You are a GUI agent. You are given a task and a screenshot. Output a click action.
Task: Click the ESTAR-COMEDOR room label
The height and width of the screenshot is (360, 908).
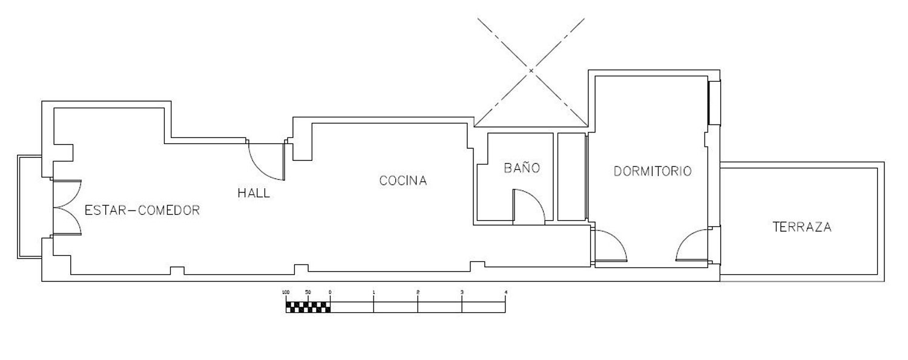click(142, 210)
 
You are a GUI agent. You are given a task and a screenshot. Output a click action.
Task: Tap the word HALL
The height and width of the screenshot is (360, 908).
click(254, 193)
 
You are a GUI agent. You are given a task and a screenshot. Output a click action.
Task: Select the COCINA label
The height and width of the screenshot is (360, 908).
click(403, 181)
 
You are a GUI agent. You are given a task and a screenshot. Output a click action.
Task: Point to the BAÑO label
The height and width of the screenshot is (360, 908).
click(522, 167)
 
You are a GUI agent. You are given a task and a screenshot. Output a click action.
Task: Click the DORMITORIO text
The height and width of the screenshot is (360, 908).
click(653, 171)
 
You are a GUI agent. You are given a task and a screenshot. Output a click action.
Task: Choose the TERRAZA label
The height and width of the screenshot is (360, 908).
click(802, 227)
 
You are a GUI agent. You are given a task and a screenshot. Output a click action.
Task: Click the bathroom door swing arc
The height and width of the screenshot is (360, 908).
click(536, 198)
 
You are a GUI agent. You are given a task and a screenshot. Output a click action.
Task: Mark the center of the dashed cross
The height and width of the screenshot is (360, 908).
click(531, 70)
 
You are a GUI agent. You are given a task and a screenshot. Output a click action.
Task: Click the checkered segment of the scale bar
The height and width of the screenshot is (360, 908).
click(308, 307)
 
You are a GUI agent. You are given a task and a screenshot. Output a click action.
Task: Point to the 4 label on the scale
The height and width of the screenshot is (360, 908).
click(505, 292)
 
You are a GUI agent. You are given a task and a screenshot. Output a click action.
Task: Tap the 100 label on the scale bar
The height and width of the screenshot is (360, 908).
click(286, 292)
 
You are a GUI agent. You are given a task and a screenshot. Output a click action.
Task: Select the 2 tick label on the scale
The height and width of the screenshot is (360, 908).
click(418, 292)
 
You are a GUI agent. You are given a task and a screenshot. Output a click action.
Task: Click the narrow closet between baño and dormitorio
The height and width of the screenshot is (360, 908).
click(571, 177)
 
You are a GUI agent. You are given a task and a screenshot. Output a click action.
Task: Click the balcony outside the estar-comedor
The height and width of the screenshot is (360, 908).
click(30, 207)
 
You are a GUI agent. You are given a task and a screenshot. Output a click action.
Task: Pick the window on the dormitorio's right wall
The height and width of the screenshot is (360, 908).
click(714, 103)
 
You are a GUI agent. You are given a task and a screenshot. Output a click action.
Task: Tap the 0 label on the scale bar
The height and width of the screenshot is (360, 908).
click(330, 292)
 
